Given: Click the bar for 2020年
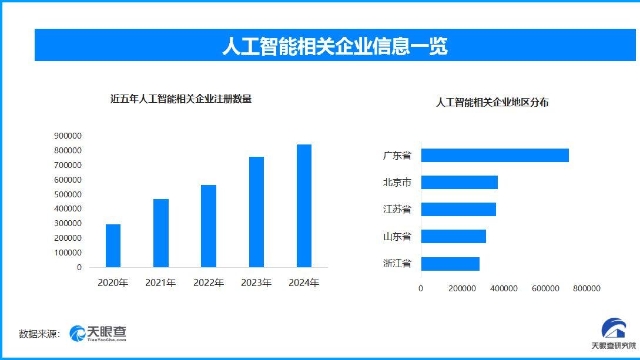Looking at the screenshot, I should [113, 245].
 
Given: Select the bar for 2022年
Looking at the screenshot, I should [209, 226].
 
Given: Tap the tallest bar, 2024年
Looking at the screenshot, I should [304, 206].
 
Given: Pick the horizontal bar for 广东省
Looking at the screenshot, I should [495, 156].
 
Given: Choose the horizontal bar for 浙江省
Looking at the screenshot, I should [450, 264].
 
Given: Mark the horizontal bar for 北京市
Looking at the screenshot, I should [459, 183].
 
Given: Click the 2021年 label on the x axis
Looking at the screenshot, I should [160, 282].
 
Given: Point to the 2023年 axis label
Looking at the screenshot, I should [256, 282].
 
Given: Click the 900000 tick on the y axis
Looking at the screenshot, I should [68, 136].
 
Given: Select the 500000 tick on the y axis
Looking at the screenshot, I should [68, 194].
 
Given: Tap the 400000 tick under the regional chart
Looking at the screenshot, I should [504, 288].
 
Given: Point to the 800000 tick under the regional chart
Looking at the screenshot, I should [587, 288].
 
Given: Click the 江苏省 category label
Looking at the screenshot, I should [397, 210].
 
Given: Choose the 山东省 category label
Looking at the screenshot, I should [397, 237].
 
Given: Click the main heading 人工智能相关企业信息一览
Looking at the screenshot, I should [334, 46].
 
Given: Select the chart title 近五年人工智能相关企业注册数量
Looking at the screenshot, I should [181, 99].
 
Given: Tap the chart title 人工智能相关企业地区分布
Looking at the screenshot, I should [492, 102].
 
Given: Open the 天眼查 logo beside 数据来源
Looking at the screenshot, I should [98, 334].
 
